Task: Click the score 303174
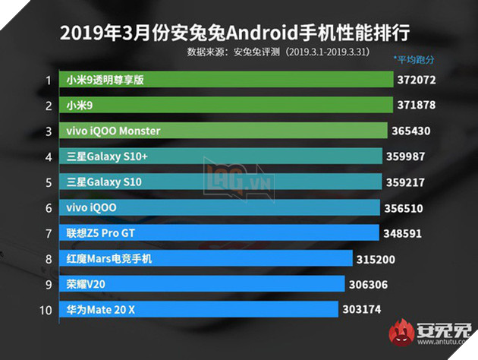tap(363, 309)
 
